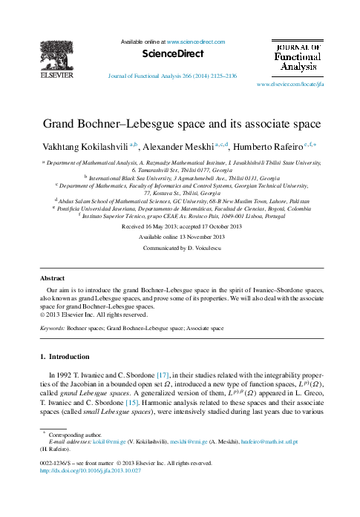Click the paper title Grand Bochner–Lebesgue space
[181, 123]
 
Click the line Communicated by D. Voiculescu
[181, 248]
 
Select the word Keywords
[51, 326]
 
